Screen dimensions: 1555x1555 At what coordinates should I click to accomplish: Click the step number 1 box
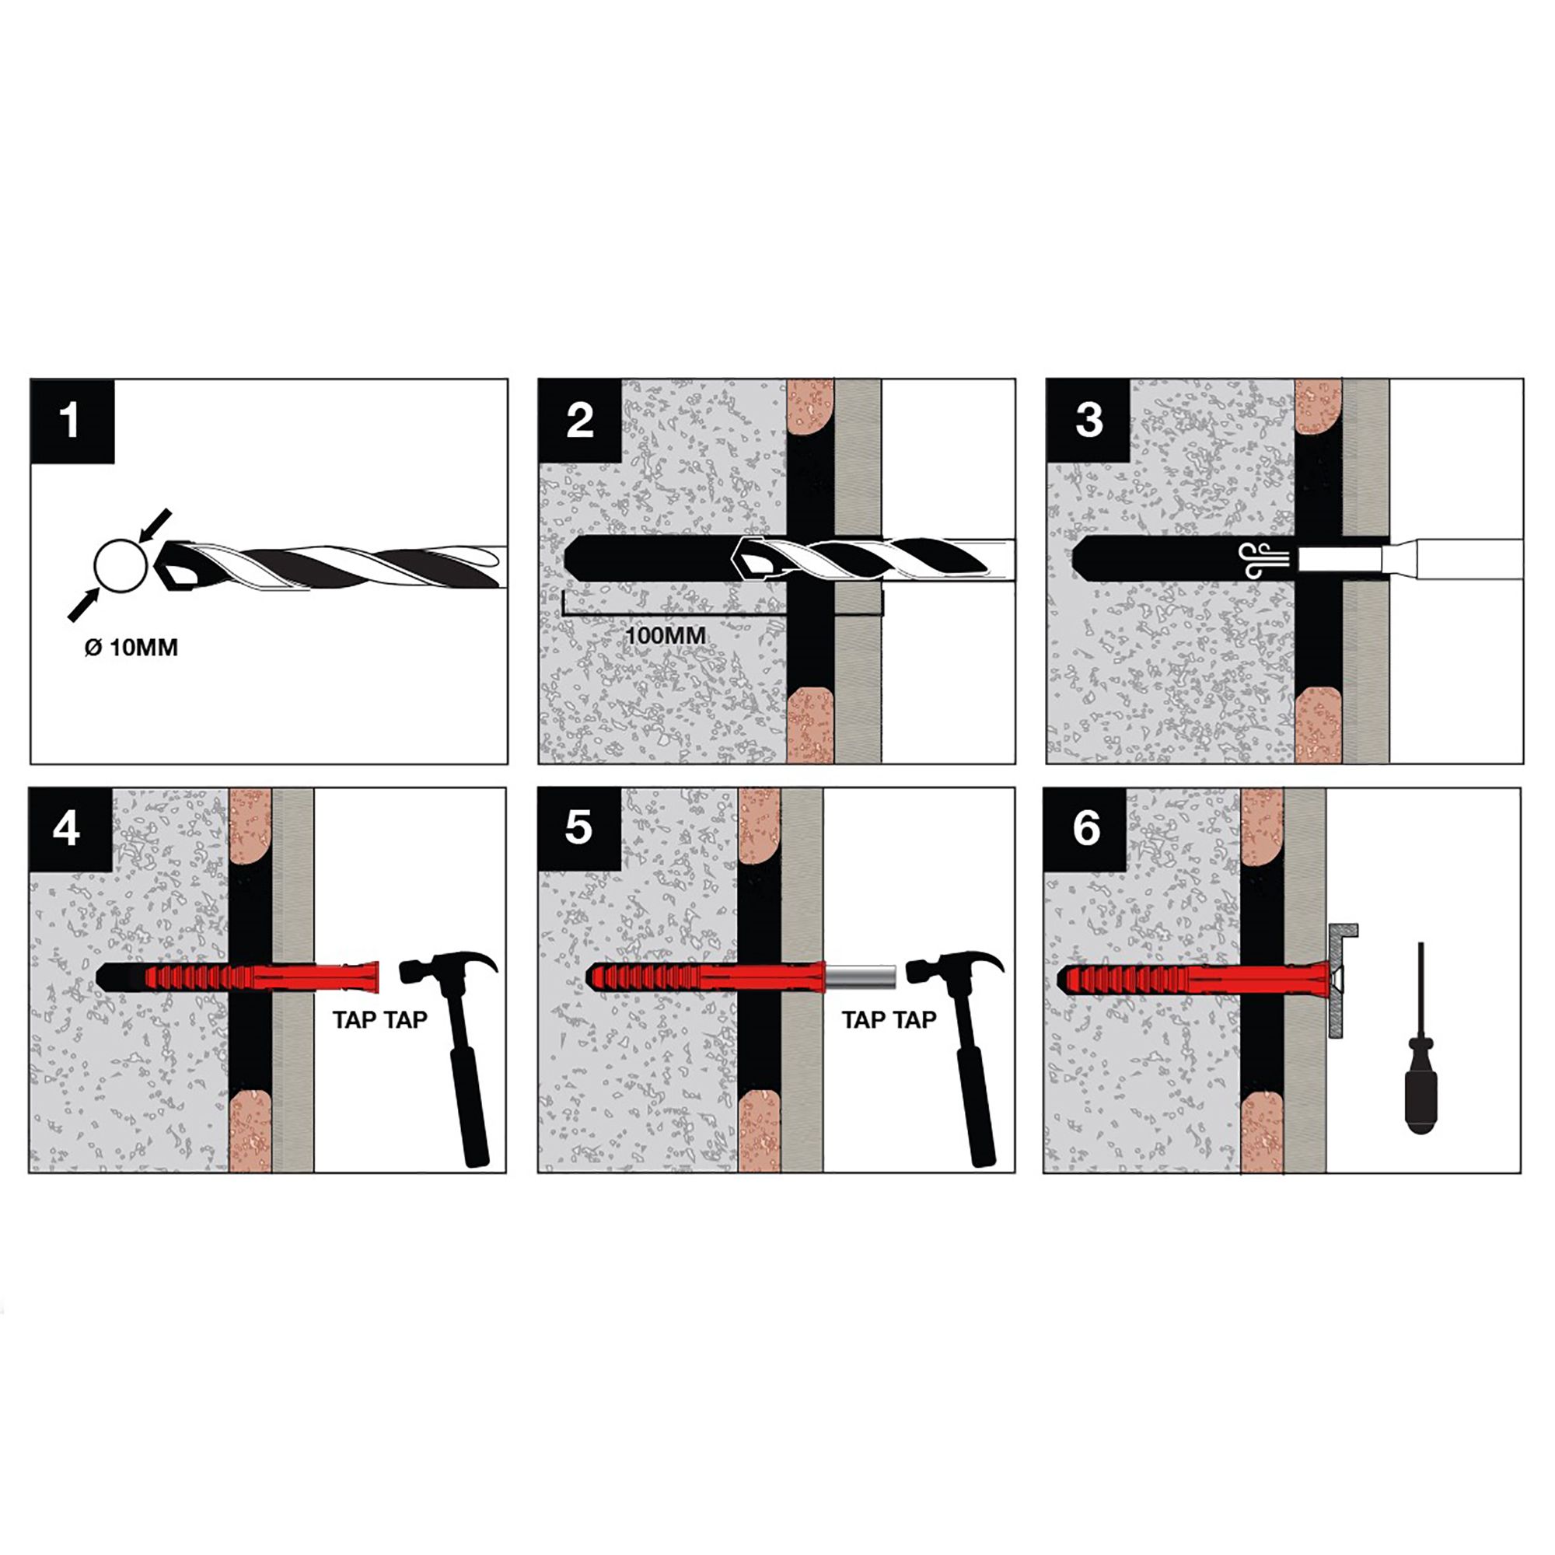click(x=72, y=420)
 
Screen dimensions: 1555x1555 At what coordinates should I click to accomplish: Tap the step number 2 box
click(x=579, y=420)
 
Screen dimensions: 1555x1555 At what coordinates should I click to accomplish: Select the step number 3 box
click(x=1088, y=420)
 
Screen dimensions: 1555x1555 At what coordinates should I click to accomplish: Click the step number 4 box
click(x=69, y=828)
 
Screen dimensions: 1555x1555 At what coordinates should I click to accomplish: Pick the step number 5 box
click(x=578, y=828)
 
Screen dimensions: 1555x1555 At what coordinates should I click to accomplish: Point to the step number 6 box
click(x=1085, y=828)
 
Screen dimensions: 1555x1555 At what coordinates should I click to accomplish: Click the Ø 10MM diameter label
click(x=131, y=647)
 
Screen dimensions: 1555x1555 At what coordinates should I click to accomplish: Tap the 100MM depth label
click(x=665, y=635)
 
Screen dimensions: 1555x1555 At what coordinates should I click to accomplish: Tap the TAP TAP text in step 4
click(x=380, y=1020)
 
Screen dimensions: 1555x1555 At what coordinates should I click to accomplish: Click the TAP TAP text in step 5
click(x=889, y=1020)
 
